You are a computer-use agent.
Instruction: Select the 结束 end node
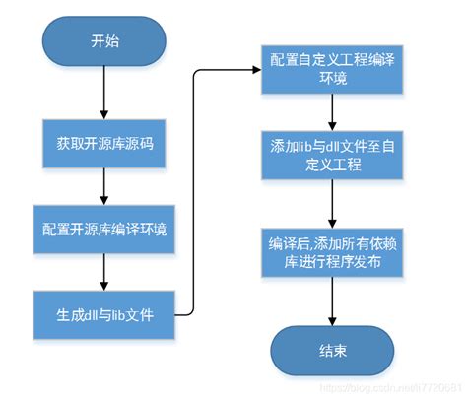(x=332, y=350)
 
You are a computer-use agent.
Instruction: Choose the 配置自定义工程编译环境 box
(x=331, y=69)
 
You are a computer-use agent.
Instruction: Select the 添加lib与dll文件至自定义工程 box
(x=331, y=156)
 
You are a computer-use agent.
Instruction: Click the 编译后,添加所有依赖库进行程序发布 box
(x=331, y=251)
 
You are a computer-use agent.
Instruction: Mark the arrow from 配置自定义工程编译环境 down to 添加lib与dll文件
(x=331, y=112)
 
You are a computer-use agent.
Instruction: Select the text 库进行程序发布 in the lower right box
(x=331, y=262)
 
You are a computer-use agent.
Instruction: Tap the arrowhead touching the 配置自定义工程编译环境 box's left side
(x=255, y=70)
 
